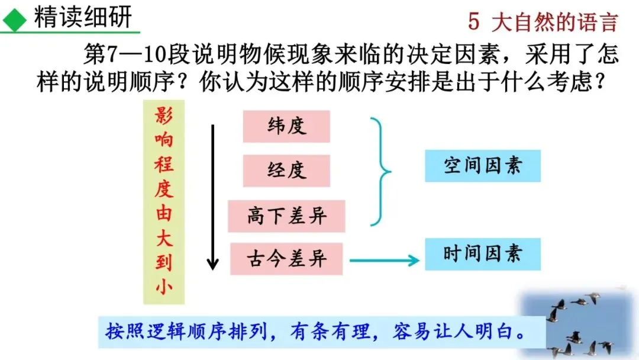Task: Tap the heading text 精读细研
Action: tap(83, 18)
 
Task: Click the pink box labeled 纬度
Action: tap(286, 127)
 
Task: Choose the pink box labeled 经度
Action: tap(286, 171)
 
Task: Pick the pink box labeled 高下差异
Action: tap(286, 216)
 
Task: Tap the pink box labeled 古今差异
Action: tap(286, 259)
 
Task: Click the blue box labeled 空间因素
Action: tap(483, 166)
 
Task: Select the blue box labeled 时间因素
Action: tap(483, 254)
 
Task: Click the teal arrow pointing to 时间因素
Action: tap(385, 259)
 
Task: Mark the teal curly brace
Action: tap(381, 172)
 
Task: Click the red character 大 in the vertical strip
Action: tap(164, 237)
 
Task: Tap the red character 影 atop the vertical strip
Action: tap(164, 116)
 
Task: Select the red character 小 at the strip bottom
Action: tap(164, 287)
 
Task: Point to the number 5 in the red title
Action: tap(473, 22)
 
